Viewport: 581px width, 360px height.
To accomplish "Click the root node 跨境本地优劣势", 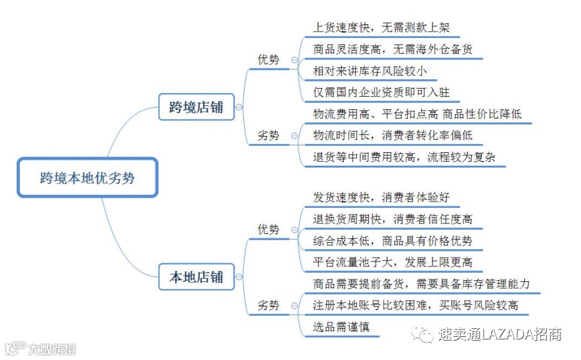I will [87, 178].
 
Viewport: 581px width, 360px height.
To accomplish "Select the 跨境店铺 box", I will [195, 107].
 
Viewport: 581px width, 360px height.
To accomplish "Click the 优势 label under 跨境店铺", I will [268, 60].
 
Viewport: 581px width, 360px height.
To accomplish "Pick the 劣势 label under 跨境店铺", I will [268, 135].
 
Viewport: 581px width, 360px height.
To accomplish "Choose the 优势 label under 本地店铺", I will [268, 230].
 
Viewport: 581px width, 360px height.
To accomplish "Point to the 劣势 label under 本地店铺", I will [268, 306].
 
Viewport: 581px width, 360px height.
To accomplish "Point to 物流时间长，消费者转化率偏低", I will [393, 135].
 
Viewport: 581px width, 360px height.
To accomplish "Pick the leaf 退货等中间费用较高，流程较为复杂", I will [404, 157].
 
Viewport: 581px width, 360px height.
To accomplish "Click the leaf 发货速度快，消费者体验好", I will [381, 198].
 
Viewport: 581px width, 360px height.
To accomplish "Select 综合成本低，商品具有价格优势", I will [393, 240].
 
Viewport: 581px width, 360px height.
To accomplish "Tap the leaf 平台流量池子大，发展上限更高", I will [393, 261].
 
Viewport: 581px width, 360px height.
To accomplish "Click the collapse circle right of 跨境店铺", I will [239, 107].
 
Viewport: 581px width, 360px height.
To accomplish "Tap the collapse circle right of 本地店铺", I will [239, 278].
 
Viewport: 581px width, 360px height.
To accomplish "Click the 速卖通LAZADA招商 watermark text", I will [500, 334].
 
